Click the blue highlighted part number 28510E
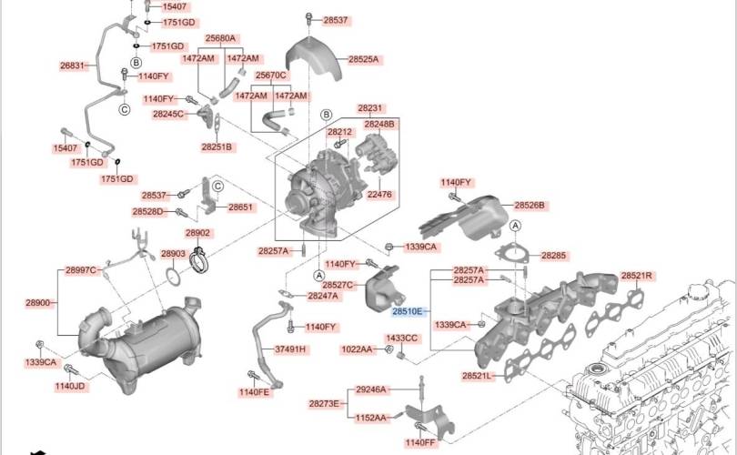click(408, 311)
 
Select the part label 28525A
click(363, 60)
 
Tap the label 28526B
click(530, 206)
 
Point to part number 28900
click(37, 303)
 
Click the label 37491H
click(290, 349)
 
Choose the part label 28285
click(553, 256)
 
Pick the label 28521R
click(636, 276)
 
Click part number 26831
click(72, 66)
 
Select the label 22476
click(379, 194)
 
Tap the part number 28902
click(197, 233)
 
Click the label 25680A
click(220, 38)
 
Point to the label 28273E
click(324, 404)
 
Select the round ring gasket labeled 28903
click(173, 277)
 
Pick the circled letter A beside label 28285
click(516, 226)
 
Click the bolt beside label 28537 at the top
click(308, 19)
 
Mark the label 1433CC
click(401, 339)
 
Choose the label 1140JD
click(70, 387)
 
